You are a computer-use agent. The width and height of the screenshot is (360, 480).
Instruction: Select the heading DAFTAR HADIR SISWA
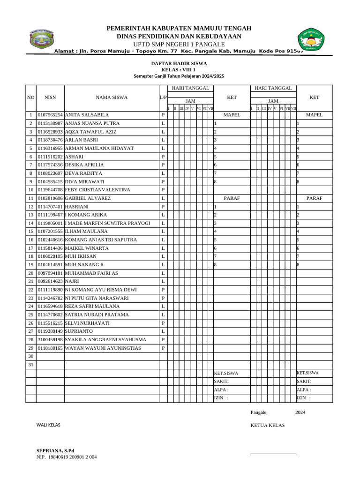(x=179, y=63)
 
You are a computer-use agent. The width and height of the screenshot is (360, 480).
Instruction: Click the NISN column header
(x=50, y=97)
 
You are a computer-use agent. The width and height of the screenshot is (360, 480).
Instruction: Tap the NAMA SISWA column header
(x=112, y=97)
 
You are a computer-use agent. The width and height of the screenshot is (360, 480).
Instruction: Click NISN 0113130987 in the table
(x=50, y=123)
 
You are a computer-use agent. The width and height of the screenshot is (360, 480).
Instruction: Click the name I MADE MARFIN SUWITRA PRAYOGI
(x=107, y=223)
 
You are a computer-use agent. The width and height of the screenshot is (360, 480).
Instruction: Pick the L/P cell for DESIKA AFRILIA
(x=163, y=165)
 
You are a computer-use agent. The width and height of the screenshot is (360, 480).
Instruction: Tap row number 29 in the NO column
(x=31, y=348)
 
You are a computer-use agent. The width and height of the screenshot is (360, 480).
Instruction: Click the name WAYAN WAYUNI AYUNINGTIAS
(x=103, y=348)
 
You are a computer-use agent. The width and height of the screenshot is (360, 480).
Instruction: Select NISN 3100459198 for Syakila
(x=50, y=339)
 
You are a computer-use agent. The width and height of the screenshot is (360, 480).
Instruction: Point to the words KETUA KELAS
(x=268, y=426)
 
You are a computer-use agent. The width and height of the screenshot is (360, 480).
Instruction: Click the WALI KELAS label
(x=49, y=425)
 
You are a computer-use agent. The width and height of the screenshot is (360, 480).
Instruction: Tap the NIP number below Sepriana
(x=67, y=457)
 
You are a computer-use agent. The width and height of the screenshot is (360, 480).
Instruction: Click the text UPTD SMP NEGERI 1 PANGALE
(x=179, y=44)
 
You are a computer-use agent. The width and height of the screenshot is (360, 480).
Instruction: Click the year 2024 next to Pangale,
(x=300, y=412)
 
